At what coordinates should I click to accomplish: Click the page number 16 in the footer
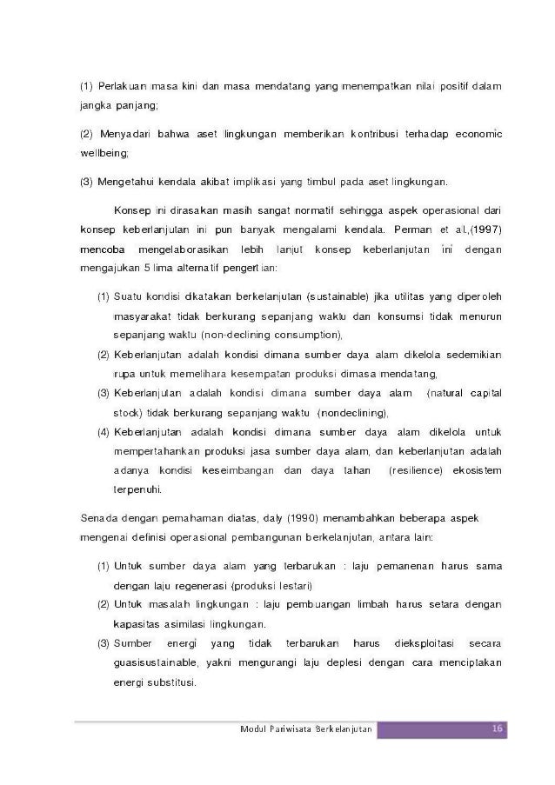[497, 728]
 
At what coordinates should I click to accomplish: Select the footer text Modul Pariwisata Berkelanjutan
[307, 728]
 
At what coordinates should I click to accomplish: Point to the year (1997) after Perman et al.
[483, 230]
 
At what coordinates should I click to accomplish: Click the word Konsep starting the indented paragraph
[133, 210]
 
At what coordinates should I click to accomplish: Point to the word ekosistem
[477, 470]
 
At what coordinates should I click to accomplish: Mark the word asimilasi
[191, 624]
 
